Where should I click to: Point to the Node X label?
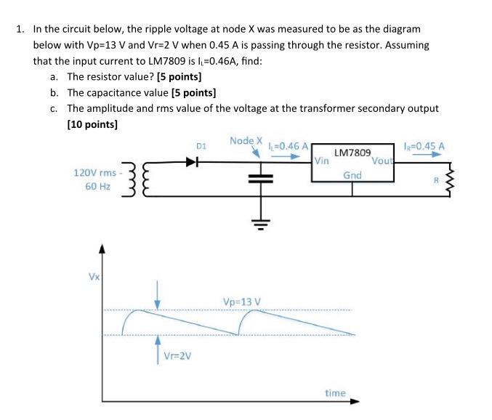[x=245, y=140]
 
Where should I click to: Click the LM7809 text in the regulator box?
[x=352, y=153]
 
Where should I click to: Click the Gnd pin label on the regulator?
[x=352, y=175]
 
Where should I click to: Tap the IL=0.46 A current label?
[x=289, y=145]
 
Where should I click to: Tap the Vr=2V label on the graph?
[x=177, y=355]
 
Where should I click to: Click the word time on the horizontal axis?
[x=335, y=392]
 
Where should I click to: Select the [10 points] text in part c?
[x=92, y=124]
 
